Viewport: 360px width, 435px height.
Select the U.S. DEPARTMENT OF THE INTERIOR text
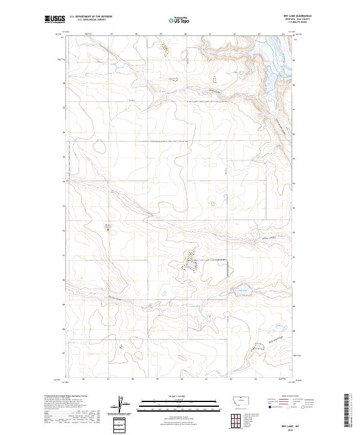click(90, 16)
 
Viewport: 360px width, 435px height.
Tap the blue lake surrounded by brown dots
click(190, 264)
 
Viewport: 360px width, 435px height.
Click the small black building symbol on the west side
click(109, 229)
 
